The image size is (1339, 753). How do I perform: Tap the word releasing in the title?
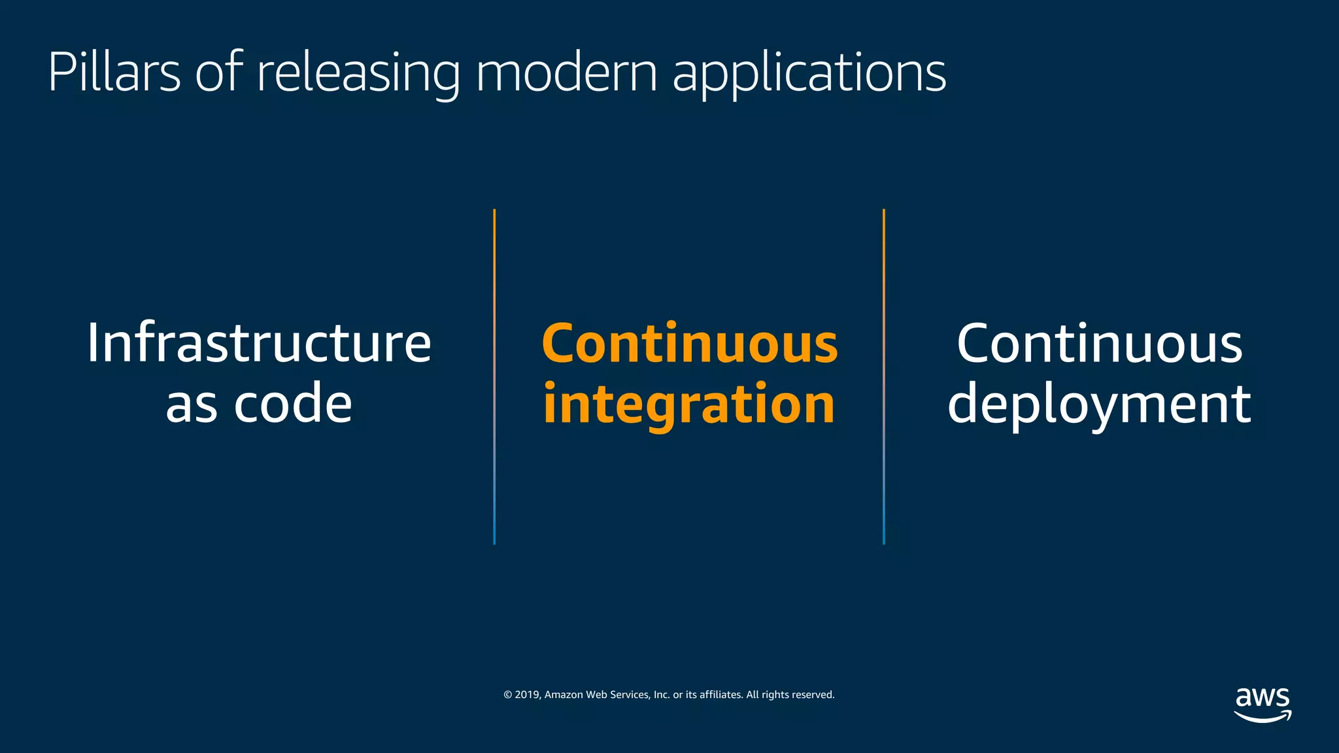click(x=358, y=73)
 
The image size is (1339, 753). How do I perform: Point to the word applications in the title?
click(x=809, y=73)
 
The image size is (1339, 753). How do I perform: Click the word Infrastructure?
click(x=259, y=343)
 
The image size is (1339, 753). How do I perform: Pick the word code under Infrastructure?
click(x=293, y=403)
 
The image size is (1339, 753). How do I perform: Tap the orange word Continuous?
click(x=690, y=344)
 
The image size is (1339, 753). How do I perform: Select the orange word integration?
click(x=689, y=405)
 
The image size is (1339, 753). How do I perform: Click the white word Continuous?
click(x=1099, y=344)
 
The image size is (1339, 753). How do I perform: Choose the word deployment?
click(x=1099, y=405)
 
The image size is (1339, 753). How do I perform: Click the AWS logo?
click(x=1263, y=705)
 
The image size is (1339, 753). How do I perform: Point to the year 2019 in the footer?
click(x=526, y=695)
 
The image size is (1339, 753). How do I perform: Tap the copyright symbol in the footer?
click(x=507, y=695)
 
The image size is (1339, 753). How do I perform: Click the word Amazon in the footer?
click(x=564, y=695)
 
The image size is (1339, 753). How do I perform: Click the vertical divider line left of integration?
click(x=494, y=376)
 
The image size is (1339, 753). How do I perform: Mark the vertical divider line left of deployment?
click(x=884, y=376)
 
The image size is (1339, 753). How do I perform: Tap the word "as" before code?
click(x=191, y=405)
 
